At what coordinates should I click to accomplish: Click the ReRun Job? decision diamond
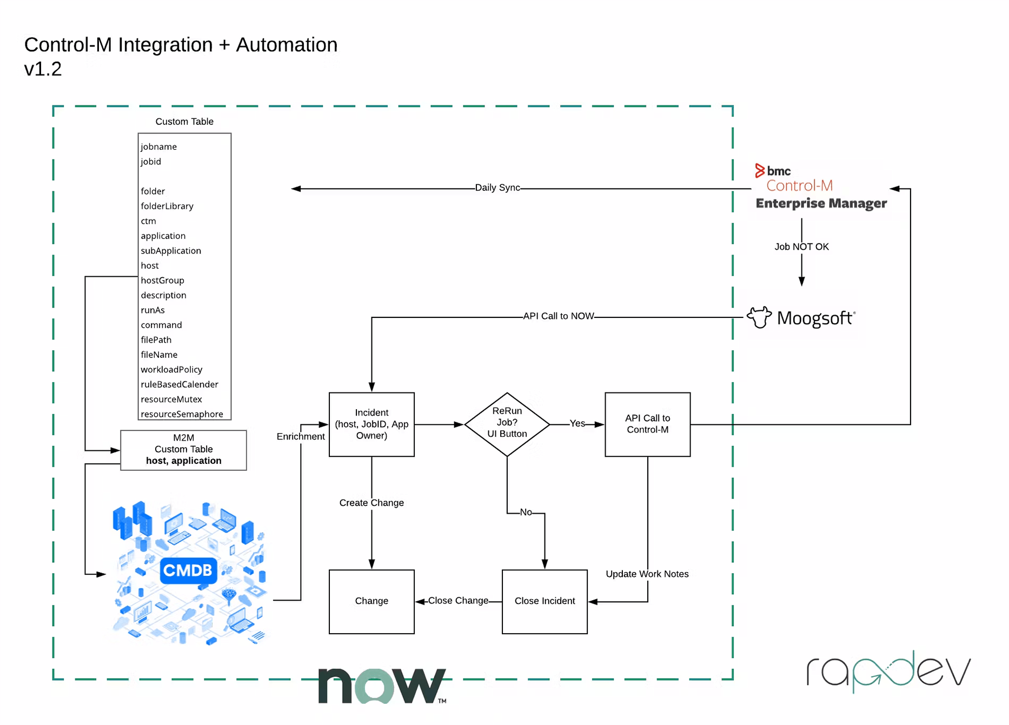click(x=507, y=423)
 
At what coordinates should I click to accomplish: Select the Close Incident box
click(x=545, y=601)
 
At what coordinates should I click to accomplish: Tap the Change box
click(x=371, y=601)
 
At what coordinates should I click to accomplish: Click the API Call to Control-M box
click(x=647, y=424)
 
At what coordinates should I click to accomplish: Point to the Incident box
click(x=371, y=424)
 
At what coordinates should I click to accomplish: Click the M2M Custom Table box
click(x=183, y=450)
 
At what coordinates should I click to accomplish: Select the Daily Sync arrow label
click(x=497, y=188)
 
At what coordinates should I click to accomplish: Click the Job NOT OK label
click(x=801, y=247)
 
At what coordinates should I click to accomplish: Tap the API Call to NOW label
click(x=558, y=316)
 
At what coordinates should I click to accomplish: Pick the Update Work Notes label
click(x=647, y=574)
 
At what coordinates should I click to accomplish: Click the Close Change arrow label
click(x=458, y=601)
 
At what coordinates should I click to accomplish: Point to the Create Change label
click(x=371, y=503)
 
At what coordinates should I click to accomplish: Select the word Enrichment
click(x=301, y=436)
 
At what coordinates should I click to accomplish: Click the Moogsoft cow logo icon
click(x=759, y=317)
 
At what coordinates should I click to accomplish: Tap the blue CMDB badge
click(x=188, y=570)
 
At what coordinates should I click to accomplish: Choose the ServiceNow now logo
click(x=382, y=686)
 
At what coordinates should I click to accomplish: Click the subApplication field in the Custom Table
click(x=171, y=251)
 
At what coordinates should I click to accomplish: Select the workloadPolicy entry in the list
click(x=171, y=370)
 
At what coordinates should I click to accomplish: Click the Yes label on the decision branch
click(x=577, y=423)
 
